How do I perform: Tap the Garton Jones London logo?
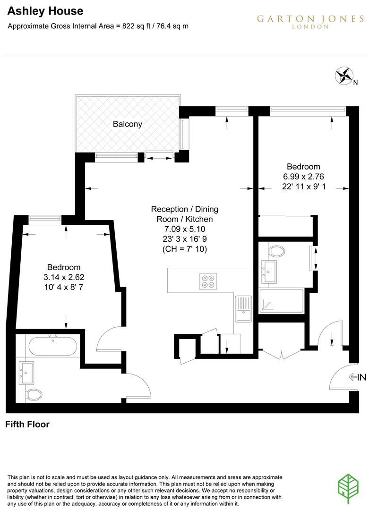click(310, 21)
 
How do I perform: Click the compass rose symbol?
click(344, 76)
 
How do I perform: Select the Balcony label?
click(127, 124)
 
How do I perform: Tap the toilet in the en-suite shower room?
click(275, 250)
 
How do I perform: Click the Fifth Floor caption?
click(27, 425)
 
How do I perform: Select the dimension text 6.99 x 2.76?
click(304, 177)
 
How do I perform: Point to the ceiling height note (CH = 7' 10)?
click(184, 249)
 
